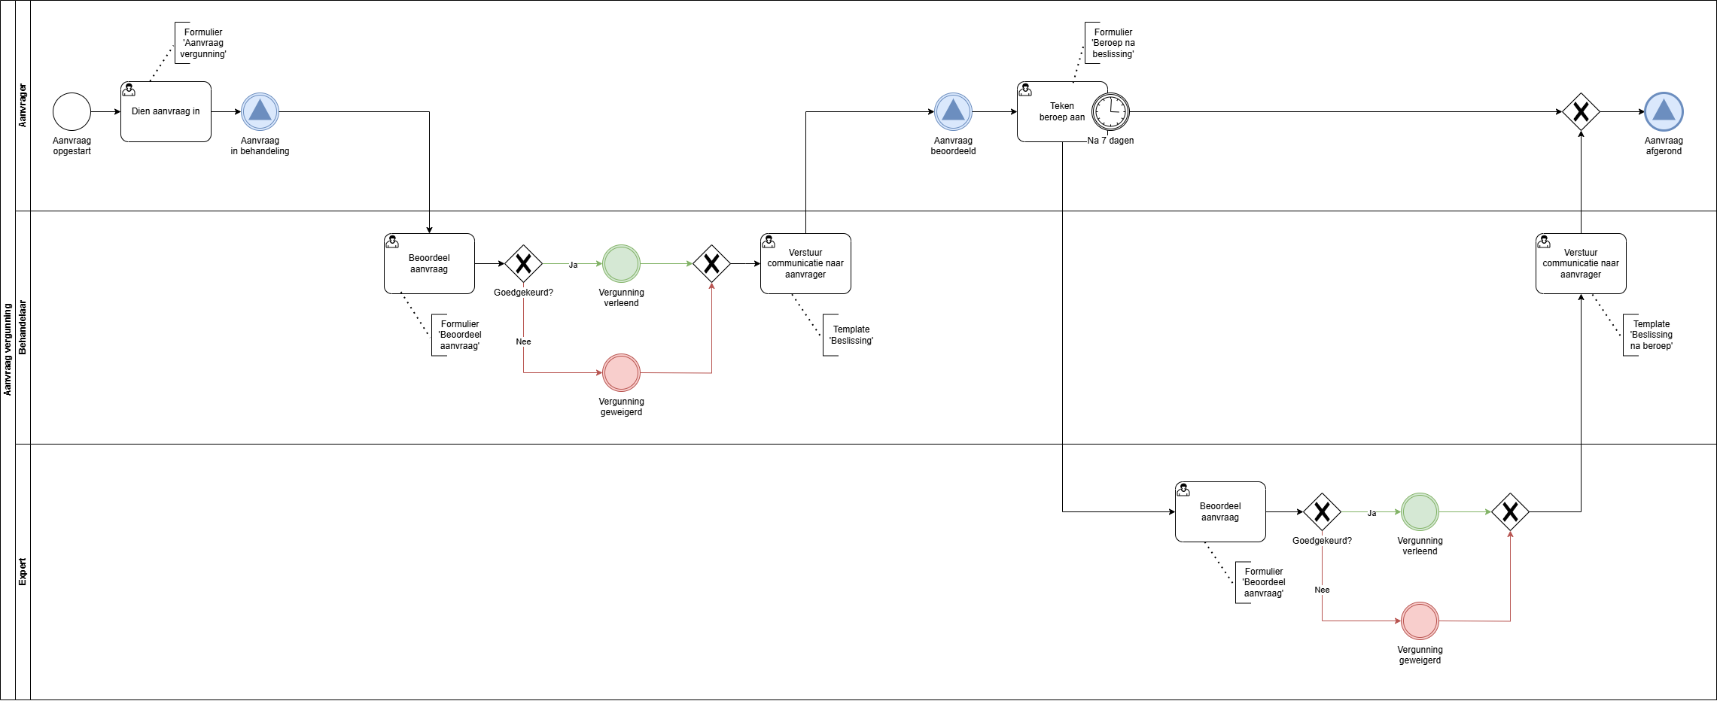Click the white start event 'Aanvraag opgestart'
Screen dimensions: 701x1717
tap(72, 112)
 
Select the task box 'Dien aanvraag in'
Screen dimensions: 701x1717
tap(166, 111)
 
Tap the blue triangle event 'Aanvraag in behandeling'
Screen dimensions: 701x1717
tap(260, 112)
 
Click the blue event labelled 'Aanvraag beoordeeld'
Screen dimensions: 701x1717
tap(953, 112)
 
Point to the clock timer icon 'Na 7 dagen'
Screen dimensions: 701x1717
tap(1110, 112)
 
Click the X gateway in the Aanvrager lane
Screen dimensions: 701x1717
tap(1581, 112)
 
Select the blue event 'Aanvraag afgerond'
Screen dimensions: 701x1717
tap(1664, 112)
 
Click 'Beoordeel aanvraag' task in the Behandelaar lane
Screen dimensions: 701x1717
tap(429, 263)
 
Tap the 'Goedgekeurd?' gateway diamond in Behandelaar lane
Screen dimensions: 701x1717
tap(523, 263)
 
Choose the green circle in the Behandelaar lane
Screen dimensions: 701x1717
tap(621, 263)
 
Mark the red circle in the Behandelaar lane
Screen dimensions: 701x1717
tap(621, 372)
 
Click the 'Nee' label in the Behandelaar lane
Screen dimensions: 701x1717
tap(523, 341)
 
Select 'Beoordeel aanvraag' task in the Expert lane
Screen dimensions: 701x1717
tap(1220, 511)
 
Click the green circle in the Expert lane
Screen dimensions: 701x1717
tap(1420, 511)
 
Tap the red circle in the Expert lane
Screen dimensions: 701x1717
tap(1420, 621)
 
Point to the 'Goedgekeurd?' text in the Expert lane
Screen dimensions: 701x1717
tap(1322, 541)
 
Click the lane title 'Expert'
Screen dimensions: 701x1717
tap(23, 572)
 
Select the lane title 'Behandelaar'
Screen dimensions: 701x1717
tap(23, 327)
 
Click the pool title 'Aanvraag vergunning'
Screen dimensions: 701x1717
tap(8, 350)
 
